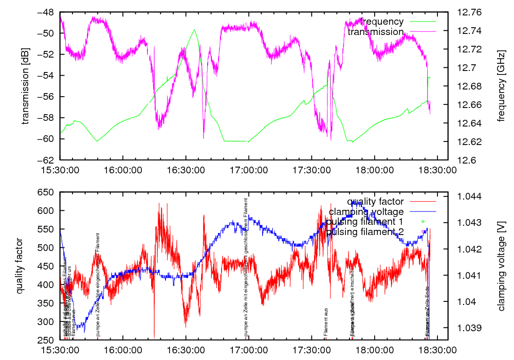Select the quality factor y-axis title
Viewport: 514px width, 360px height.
click(20, 265)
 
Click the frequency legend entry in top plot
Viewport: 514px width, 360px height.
click(382, 22)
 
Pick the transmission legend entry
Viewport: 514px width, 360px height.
click(376, 32)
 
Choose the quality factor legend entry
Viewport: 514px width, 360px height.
click(375, 202)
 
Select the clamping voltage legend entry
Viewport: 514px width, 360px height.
click(366, 211)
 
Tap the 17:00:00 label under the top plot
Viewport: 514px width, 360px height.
click(249, 168)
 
